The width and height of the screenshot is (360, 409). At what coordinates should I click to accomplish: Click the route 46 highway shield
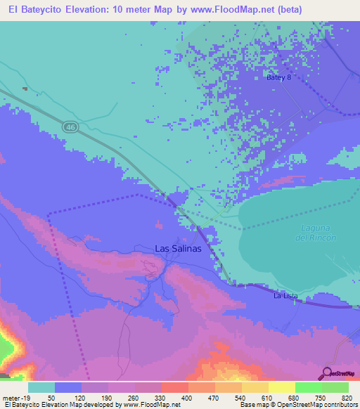click(70, 126)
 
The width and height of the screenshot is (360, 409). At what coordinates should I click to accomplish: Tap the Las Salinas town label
click(178, 249)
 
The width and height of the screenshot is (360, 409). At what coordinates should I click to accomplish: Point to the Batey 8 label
click(278, 78)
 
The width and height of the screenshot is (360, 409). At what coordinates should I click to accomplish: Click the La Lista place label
click(286, 296)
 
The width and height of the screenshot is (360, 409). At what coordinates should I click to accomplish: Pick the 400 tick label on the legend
click(187, 397)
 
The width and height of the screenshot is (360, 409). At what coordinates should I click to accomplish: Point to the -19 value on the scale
click(22, 397)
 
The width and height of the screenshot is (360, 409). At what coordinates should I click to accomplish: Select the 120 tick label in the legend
click(81, 397)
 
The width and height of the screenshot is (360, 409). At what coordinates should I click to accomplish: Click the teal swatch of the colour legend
click(41, 387)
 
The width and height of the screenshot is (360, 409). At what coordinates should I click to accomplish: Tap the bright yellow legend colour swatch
click(281, 387)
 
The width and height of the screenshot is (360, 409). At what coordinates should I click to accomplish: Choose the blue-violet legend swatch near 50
click(68, 387)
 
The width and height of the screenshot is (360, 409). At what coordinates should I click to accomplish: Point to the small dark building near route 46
click(25, 89)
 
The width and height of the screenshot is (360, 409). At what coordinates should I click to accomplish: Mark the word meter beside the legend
click(8, 397)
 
